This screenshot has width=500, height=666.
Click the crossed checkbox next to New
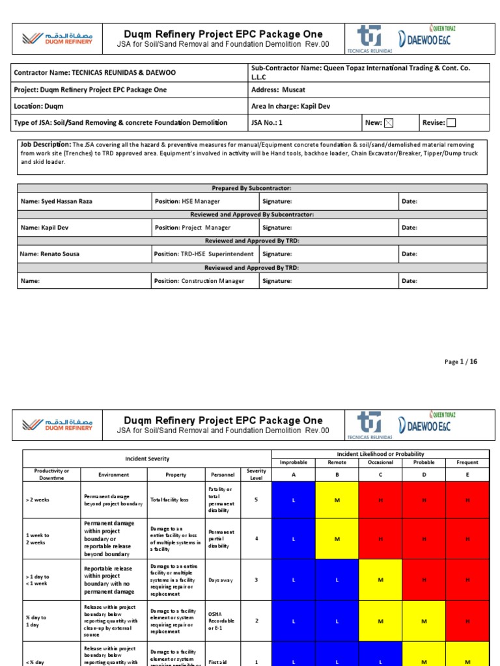coord(389,122)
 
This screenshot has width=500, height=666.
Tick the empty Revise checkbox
coord(451,122)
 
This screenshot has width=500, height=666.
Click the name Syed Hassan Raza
coord(57,202)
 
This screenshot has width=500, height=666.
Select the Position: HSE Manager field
coord(187,202)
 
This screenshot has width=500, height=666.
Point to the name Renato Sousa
coord(49,254)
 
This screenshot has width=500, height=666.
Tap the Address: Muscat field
coord(279,89)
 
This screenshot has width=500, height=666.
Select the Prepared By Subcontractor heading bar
coord(251,188)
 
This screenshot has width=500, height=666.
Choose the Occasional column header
coord(380,462)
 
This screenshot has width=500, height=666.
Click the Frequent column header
coord(467,462)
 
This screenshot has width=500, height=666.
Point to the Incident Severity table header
coord(146,458)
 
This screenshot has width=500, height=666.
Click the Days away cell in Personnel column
coord(219,580)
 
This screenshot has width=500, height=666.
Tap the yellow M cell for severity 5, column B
coord(337,499)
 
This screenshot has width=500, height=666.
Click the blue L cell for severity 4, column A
coord(293,539)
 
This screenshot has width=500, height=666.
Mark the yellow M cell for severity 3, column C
coord(380,580)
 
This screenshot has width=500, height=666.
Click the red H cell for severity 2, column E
coord(467,621)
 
